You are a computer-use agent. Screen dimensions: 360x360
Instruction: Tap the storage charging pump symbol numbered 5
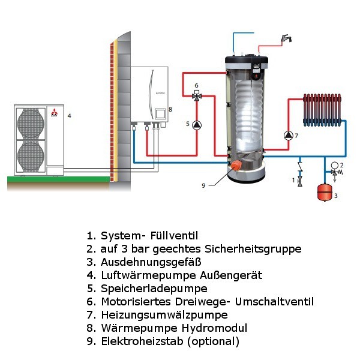pyautogui.click(x=197, y=125)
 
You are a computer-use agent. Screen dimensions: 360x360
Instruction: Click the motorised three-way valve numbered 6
pyautogui.click(x=197, y=95)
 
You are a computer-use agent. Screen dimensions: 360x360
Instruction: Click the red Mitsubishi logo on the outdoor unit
pyautogui.click(x=55, y=113)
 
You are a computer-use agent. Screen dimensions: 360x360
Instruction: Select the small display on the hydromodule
pyautogui.click(x=161, y=113)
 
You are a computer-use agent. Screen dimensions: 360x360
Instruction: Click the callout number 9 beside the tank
pyautogui.click(x=203, y=185)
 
